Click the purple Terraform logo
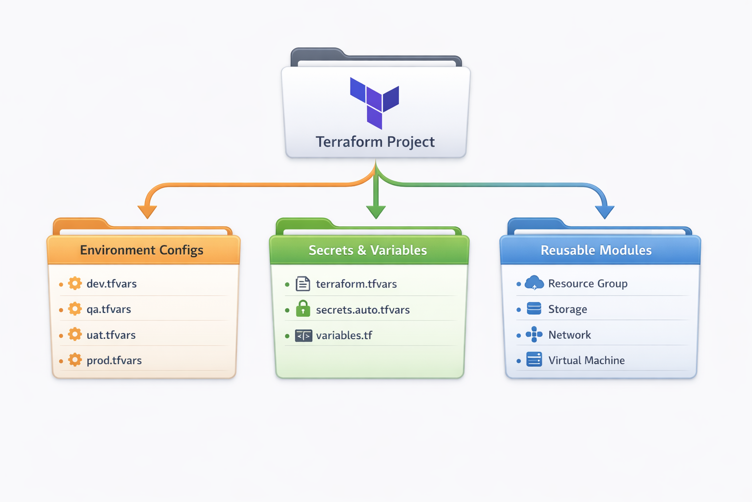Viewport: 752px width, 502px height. point(375,102)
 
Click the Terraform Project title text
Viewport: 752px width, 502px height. point(375,142)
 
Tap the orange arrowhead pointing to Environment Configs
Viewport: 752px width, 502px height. point(147,211)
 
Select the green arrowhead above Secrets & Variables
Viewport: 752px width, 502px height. point(376,211)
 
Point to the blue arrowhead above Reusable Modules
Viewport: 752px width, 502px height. point(605,211)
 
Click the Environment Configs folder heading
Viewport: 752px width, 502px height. point(141,250)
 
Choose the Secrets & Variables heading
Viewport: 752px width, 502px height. point(368,250)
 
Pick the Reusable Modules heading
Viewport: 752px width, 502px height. point(596,250)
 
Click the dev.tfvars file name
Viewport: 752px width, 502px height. point(112,284)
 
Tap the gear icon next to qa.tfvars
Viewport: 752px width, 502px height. point(75,309)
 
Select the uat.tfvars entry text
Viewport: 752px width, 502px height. point(111,335)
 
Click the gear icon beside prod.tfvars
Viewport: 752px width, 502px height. point(75,360)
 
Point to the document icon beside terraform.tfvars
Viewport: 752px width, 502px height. point(303,284)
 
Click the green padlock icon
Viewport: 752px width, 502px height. point(303,308)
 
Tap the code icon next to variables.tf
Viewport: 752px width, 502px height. point(304,336)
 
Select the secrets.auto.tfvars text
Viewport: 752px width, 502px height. point(363,310)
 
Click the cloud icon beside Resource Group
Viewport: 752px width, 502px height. point(534,283)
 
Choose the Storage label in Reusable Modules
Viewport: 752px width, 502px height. point(567,309)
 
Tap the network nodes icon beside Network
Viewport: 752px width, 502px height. point(534,334)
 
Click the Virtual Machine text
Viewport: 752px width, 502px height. point(587,360)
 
